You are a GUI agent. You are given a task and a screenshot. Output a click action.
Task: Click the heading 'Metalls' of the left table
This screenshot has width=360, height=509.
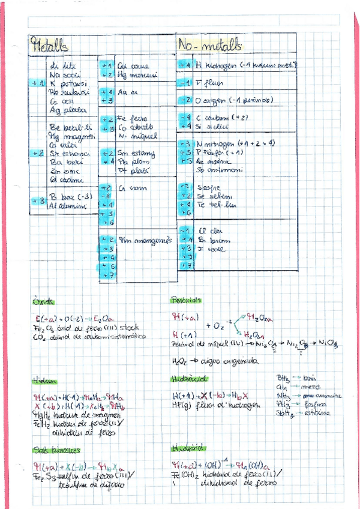pos(51,45)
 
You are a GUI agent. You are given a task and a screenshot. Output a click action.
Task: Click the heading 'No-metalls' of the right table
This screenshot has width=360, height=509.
pos(209,45)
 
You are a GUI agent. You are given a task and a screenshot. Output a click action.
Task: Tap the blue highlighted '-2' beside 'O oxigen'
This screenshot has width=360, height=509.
pos(185,100)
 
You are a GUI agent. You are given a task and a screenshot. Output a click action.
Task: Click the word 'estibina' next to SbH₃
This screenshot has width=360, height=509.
pos(318,414)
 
